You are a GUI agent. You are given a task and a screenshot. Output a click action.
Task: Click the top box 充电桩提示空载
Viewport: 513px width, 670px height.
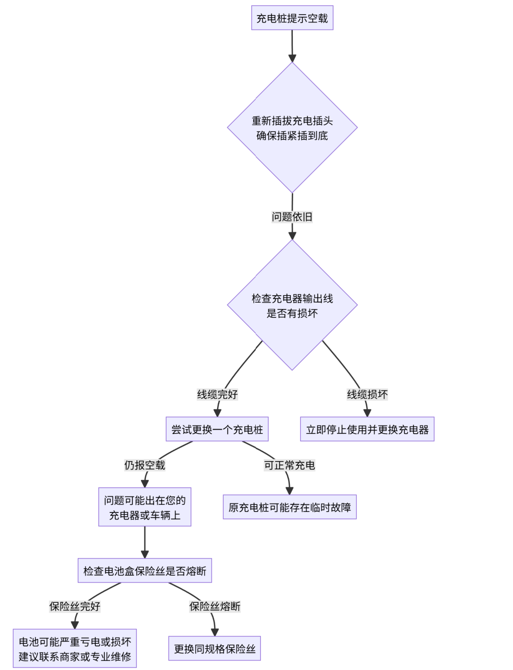pos(292,18)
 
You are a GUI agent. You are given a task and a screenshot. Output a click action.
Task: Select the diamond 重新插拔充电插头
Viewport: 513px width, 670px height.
pos(292,128)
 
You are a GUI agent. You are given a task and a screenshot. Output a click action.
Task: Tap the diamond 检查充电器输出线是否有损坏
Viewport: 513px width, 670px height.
pos(292,305)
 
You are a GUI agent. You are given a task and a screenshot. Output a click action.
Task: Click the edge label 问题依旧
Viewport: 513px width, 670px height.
pos(292,217)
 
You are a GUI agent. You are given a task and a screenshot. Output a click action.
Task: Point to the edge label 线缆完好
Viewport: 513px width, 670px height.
pos(217,394)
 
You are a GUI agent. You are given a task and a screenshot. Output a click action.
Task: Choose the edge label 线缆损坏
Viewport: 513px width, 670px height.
pos(367,394)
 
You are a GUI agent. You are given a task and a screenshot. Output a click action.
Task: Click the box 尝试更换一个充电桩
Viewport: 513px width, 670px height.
pos(217,430)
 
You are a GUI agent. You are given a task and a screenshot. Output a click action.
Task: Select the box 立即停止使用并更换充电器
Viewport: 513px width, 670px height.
pos(367,430)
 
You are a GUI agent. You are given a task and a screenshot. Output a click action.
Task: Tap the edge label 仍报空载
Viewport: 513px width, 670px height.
pos(144,465)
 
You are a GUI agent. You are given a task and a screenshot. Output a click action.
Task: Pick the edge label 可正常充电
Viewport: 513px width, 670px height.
pos(289,465)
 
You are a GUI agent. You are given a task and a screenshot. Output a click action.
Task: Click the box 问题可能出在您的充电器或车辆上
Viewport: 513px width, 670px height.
pos(144,507)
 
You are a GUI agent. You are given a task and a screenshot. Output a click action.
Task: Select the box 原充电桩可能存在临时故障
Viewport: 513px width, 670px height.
pos(289,507)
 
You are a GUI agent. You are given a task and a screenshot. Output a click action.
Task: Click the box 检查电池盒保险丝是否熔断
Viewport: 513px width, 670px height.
pos(144,571)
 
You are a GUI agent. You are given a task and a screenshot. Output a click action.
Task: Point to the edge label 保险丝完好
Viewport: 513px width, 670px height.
pos(75,606)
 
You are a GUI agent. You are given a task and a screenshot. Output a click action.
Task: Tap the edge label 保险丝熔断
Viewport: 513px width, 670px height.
pos(215,606)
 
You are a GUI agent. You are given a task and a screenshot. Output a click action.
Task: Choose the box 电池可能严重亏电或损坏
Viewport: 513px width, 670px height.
pos(75,649)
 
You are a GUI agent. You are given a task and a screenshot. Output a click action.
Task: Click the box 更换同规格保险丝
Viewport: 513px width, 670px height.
pos(215,649)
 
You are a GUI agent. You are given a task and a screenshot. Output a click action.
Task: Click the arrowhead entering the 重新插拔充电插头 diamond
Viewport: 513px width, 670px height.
pos(292,58)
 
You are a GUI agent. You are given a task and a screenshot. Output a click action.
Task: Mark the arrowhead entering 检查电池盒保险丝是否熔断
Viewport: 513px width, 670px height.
pos(144,554)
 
